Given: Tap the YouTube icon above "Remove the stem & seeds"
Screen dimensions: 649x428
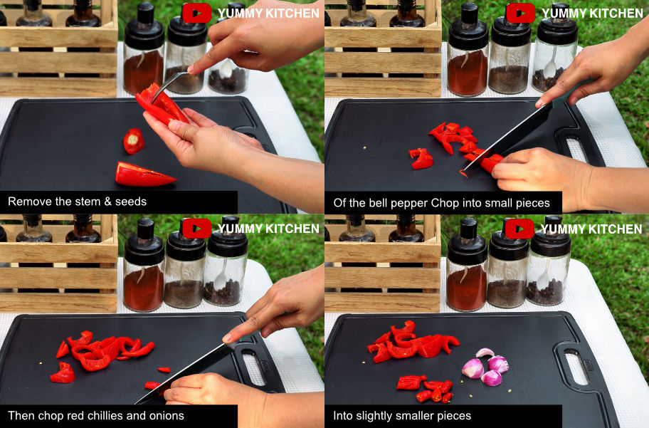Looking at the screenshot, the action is coord(196,13).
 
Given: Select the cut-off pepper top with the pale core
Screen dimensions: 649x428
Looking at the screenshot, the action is coord(134,141).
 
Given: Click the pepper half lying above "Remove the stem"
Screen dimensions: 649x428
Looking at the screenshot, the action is coord(145,174).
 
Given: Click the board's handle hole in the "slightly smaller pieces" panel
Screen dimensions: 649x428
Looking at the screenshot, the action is coord(576,367).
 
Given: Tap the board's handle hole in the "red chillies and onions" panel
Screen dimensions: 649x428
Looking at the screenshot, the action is coord(253,367).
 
